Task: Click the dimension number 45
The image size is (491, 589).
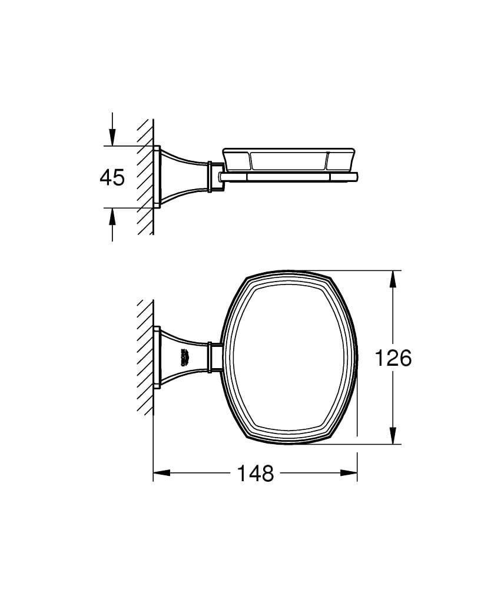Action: click(112, 177)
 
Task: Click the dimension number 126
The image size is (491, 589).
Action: click(394, 358)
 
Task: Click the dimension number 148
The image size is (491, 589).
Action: click(256, 472)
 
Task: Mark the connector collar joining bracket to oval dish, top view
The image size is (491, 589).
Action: click(215, 357)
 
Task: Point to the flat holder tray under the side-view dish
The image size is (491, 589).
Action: click(288, 177)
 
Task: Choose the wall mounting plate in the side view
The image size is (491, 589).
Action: click(157, 177)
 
